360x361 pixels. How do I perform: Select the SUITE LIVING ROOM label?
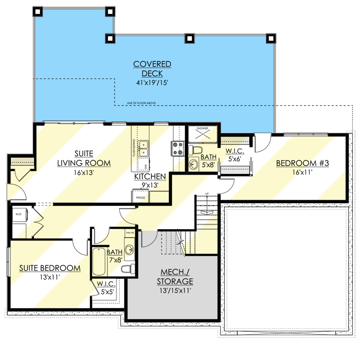pos(84,158)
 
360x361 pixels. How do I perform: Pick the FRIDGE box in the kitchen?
pos(138,197)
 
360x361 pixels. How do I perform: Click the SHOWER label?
pos(202,129)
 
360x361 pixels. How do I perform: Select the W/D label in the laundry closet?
pos(18,214)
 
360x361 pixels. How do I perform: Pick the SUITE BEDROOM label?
pos(50,268)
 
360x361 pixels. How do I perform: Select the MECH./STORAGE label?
pos(175,277)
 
